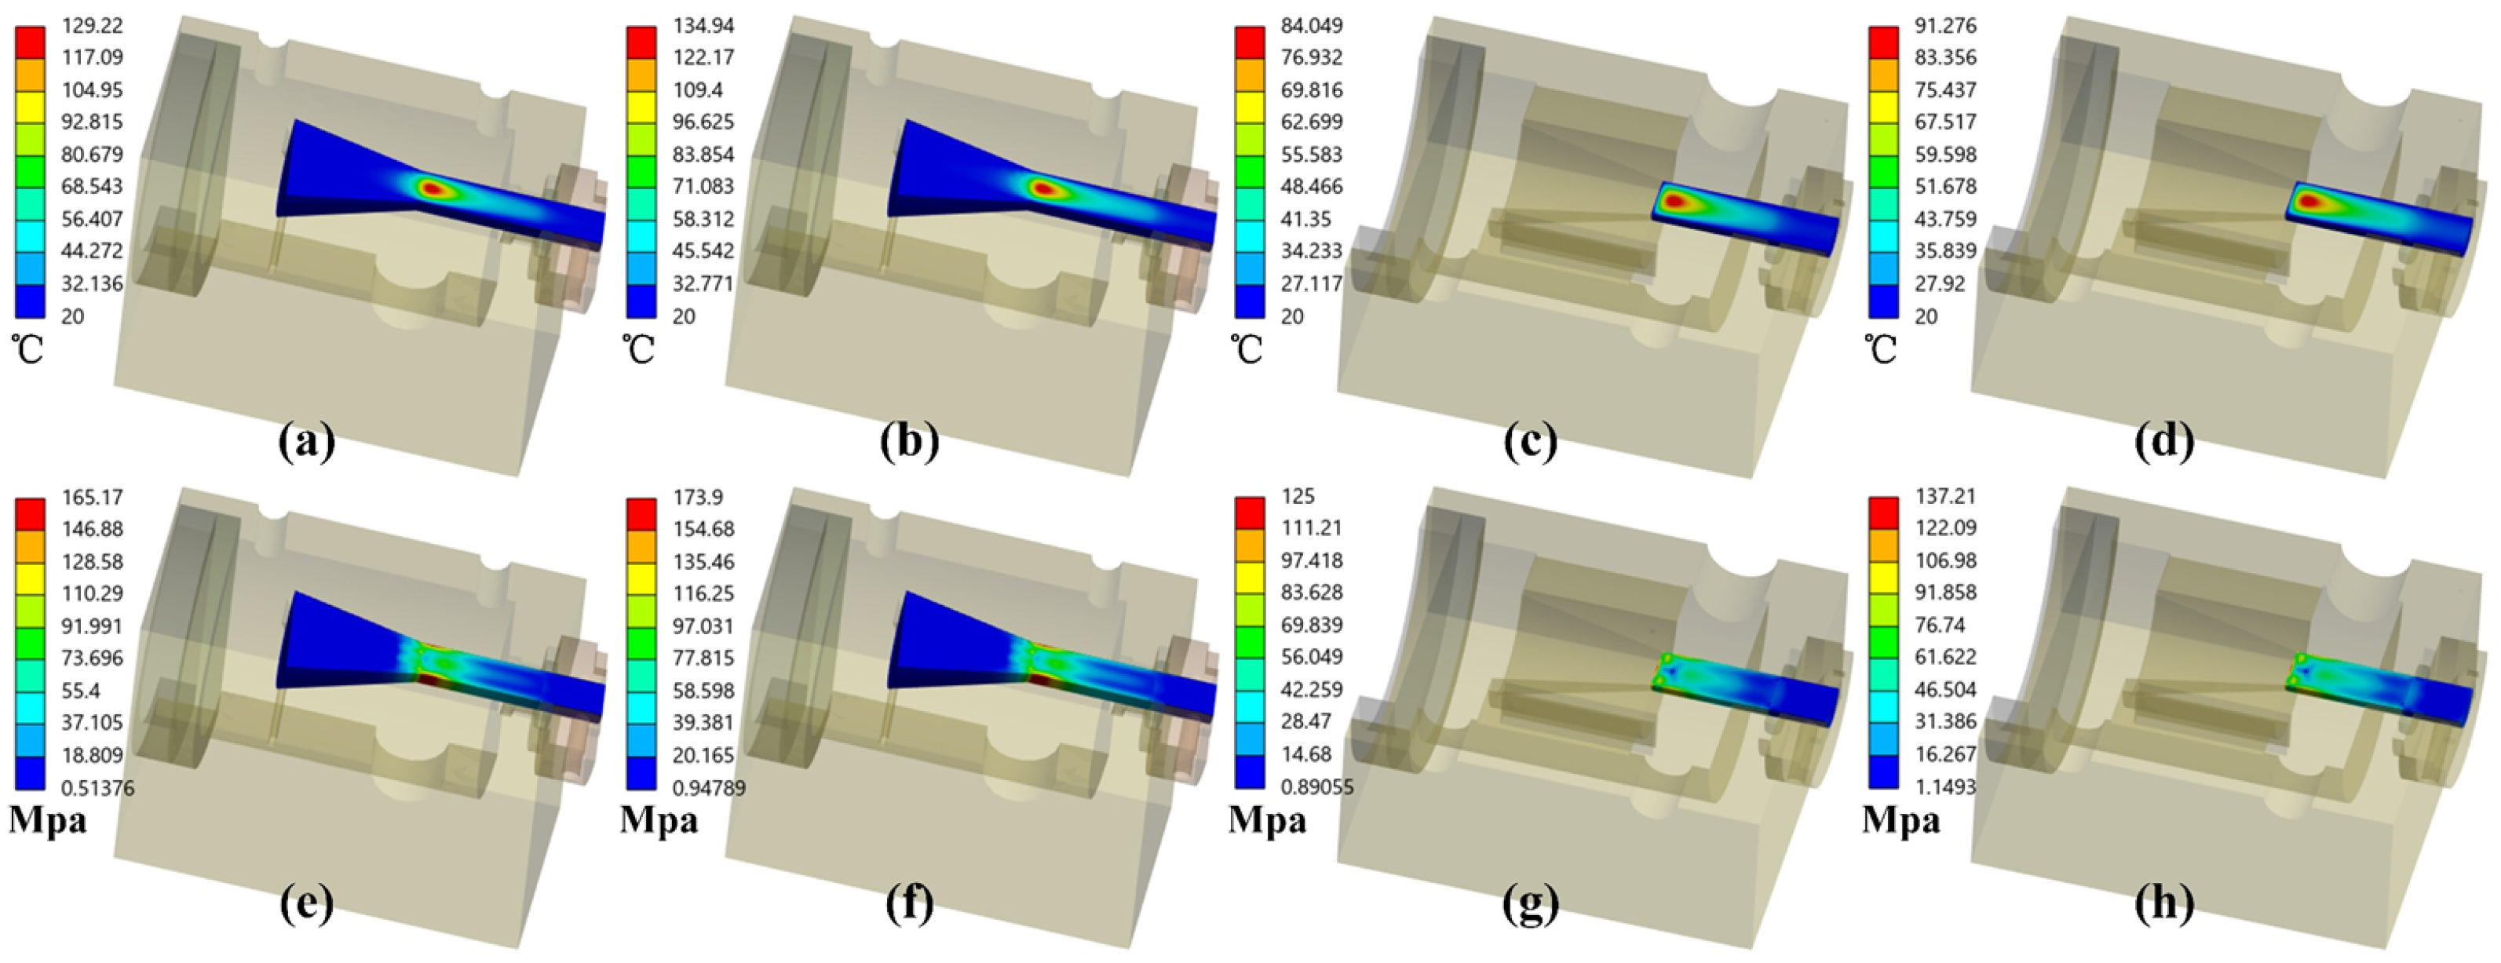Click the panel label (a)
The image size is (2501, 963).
tap(306, 442)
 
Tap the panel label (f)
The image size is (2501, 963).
tap(910, 905)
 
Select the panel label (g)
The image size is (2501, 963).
tap(1531, 905)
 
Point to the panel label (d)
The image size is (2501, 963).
tap(2165, 442)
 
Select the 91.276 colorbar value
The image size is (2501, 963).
tap(1944, 25)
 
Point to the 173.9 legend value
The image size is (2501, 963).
tap(698, 497)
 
